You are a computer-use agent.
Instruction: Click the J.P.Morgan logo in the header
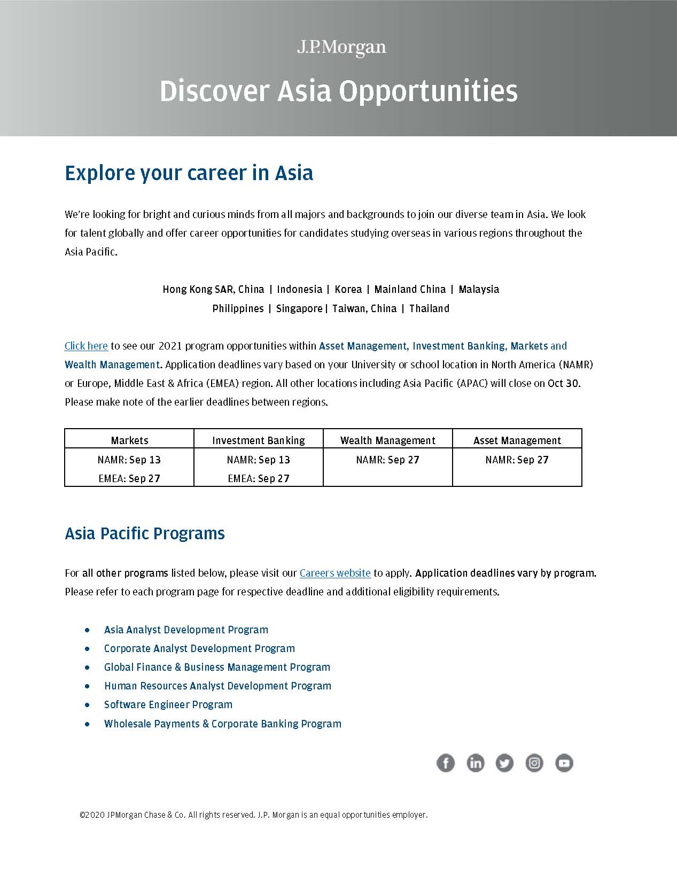(x=341, y=48)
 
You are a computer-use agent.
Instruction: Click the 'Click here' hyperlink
(x=86, y=346)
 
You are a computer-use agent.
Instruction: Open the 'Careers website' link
(x=335, y=573)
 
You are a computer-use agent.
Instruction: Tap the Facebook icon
(x=446, y=763)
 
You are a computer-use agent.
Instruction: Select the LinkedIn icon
(x=475, y=763)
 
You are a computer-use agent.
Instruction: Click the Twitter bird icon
(x=504, y=763)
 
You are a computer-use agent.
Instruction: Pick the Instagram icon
(x=534, y=763)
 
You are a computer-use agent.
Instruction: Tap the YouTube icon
(x=564, y=763)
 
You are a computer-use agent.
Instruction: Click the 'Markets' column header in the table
(x=129, y=440)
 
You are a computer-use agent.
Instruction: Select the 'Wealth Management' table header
(x=388, y=440)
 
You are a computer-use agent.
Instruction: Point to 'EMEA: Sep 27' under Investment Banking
(x=259, y=478)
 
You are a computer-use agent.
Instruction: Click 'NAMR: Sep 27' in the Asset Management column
(x=517, y=460)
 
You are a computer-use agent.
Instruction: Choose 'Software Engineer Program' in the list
(x=168, y=704)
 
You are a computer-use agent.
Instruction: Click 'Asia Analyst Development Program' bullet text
(x=186, y=630)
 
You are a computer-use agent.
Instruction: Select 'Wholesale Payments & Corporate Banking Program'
(x=222, y=724)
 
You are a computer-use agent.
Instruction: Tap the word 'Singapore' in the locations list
(x=299, y=308)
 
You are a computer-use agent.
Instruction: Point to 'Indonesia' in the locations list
(x=299, y=289)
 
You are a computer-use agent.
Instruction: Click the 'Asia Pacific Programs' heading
(x=145, y=533)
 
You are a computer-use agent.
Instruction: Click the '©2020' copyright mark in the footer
(x=92, y=815)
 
